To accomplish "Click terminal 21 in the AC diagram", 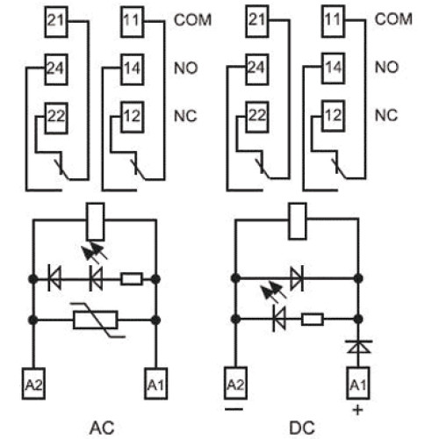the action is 56,22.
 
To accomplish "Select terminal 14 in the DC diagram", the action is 333,68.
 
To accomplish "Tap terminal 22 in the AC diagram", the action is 56,118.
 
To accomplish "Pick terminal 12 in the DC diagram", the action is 333,116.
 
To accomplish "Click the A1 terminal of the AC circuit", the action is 156,384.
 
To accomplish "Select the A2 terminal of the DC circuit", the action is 235,383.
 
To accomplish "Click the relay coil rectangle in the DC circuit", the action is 298,221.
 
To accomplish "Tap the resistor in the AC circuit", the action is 132,279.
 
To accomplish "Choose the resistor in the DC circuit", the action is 313,319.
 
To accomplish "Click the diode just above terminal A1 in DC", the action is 358,347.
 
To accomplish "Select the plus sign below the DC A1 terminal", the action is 358,410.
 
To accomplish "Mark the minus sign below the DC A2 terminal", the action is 234,409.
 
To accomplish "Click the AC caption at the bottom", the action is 102,428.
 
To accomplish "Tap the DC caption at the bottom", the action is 302,428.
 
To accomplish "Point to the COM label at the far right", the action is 393,19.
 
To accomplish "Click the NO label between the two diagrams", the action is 186,68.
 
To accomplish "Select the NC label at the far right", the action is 386,115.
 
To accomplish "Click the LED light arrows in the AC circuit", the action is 94,251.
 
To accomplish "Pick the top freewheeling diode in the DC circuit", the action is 297,278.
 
